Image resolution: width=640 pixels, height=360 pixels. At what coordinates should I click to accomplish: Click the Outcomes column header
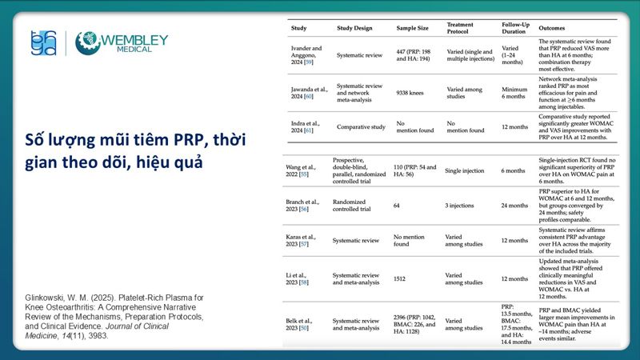tap(554, 28)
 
